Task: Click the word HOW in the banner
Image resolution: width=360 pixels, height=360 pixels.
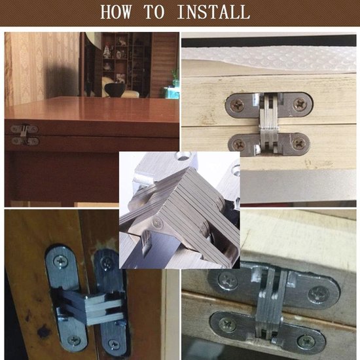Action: [x=116, y=12]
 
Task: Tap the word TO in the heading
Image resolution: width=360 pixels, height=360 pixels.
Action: [x=154, y=12]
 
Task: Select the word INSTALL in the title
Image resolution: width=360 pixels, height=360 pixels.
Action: [x=213, y=12]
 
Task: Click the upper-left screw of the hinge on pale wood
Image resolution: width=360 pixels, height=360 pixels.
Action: [x=238, y=105]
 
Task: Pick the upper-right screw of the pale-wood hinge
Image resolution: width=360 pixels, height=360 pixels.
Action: [x=300, y=105]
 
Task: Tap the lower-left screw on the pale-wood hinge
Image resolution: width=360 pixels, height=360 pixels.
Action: [x=238, y=145]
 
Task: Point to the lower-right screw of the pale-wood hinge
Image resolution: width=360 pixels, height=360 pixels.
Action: [x=298, y=144]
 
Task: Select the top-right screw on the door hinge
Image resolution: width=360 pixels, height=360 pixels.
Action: [x=107, y=262]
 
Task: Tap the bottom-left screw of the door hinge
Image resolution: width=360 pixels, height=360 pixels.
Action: [x=74, y=341]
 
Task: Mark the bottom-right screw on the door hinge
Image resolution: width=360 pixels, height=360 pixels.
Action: [x=114, y=344]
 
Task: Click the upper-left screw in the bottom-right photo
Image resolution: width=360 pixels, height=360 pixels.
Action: [x=227, y=281]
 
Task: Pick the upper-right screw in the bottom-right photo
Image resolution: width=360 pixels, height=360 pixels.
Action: [x=317, y=295]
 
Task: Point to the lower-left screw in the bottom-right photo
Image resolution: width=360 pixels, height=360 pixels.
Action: [x=227, y=325]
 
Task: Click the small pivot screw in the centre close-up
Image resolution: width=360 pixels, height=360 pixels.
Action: [x=158, y=223]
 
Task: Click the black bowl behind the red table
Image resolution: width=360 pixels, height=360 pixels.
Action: [x=115, y=89]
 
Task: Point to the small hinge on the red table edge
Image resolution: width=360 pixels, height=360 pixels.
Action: [x=24, y=135]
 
